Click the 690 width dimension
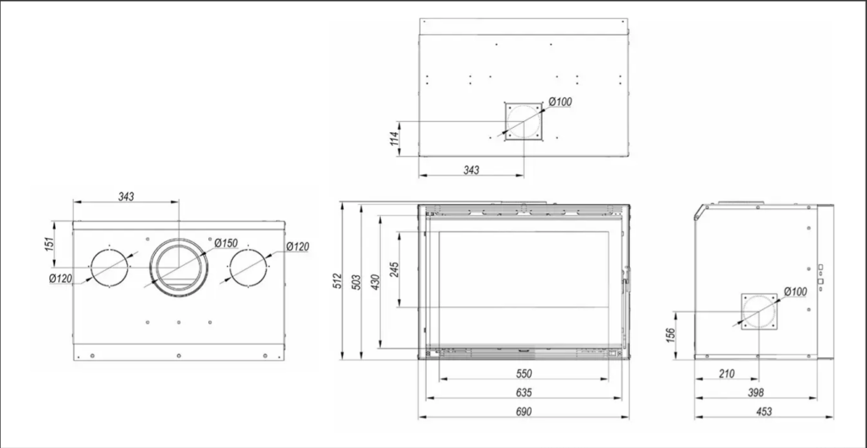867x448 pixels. [x=523, y=412]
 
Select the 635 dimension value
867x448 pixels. [x=523, y=393]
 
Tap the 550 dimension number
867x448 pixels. [x=523, y=373]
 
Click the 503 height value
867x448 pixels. [x=356, y=283]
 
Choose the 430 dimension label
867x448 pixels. [x=376, y=283]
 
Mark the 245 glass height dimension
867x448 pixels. [x=395, y=269]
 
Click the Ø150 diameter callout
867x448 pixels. [x=226, y=243]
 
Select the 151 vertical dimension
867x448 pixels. [x=49, y=244]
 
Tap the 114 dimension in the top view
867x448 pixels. [x=395, y=138]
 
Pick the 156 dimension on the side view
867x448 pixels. [x=671, y=335]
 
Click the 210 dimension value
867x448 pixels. [x=726, y=373]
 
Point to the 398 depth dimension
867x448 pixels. [x=755, y=393]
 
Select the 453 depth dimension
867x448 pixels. [x=763, y=412]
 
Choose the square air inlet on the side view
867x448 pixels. [x=742, y=312]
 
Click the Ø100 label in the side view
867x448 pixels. [x=795, y=291]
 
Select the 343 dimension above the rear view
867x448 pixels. [x=126, y=196]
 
